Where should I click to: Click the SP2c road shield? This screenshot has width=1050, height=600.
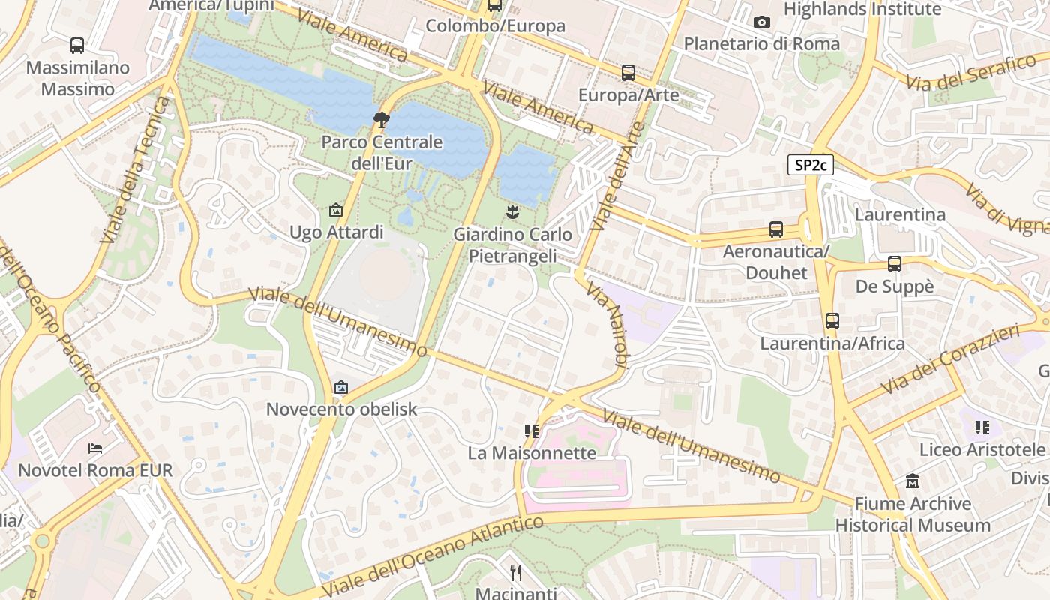point(811,165)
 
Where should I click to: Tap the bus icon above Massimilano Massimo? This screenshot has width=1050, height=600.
point(77,46)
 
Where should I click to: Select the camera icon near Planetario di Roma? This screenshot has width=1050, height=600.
point(762,22)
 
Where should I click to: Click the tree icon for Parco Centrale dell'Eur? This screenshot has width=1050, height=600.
point(382,119)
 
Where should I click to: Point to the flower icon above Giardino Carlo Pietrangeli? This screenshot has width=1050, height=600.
point(512,211)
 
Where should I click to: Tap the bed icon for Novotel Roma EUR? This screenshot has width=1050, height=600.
point(95,448)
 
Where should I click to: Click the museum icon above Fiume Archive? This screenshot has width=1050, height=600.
point(913,481)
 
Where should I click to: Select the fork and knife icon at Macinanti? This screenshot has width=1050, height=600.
point(515,573)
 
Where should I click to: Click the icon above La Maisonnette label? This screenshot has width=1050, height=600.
point(532,430)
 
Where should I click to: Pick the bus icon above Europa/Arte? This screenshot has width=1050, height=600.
point(628,73)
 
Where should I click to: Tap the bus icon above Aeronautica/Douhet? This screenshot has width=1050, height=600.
point(776,229)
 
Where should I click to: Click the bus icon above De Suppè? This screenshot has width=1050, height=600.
point(895,264)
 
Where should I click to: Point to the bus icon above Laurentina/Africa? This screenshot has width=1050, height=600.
point(832,321)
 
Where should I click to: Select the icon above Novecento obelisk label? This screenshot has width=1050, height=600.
point(341,387)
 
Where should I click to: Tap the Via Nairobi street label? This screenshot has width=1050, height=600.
point(606,324)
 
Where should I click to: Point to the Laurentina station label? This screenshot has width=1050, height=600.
point(900,215)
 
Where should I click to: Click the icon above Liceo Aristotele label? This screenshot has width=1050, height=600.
point(982,427)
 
